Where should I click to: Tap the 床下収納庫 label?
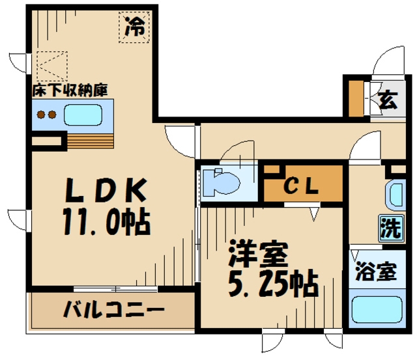click(70, 90)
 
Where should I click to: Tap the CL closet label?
click(302, 186)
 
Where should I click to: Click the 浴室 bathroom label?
click(375, 272)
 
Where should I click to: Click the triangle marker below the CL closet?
click(314, 213)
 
